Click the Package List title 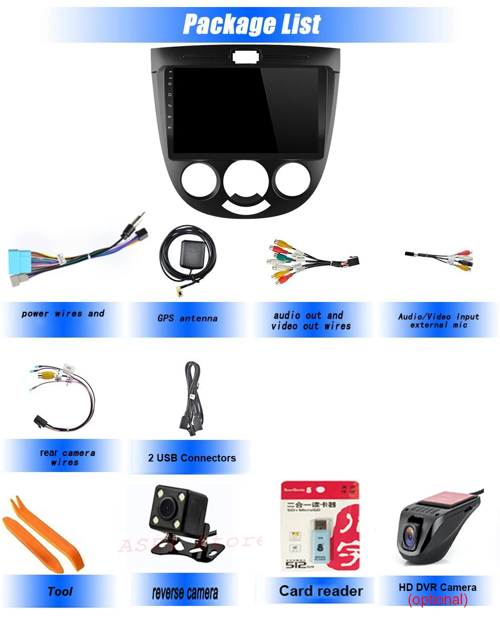coord(251,24)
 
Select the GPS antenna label coord(188,318)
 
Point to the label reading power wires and coord(63,314)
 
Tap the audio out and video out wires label coord(311,321)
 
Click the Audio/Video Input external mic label coord(438,321)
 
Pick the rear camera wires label coord(67,457)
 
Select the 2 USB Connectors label coord(192,457)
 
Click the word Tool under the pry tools coord(60,591)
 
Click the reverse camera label coord(185,593)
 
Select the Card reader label coord(320,591)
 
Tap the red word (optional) coord(437,599)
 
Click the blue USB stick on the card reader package coord(319,534)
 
